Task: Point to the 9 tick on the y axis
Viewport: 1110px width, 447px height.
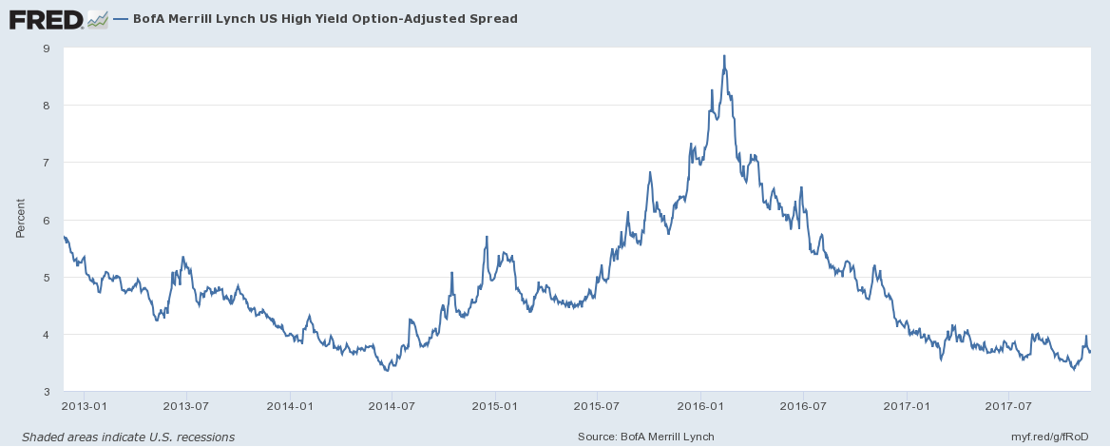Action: tap(47, 49)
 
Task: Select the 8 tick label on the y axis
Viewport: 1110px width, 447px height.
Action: tap(47, 106)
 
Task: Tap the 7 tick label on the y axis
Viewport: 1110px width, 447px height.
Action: tap(47, 163)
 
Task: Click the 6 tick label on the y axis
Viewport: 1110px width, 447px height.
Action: tap(47, 220)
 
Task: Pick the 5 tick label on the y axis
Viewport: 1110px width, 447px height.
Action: tap(47, 278)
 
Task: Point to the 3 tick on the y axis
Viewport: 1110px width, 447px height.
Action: tap(47, 392)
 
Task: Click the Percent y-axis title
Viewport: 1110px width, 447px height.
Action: tap(21, 218)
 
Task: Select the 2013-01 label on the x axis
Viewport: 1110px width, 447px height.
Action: tap(84, 405)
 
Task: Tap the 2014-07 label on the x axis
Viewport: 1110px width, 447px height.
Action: tap(392, 405)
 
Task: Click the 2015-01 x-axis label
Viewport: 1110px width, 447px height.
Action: tap(495, 405)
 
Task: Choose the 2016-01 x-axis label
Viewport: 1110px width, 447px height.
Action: tap(700, 405)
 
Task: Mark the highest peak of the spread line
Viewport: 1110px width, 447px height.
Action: tap(724, 56)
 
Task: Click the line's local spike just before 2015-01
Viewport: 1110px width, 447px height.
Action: tap(487, 237)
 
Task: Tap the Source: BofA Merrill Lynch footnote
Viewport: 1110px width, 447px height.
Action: tap(646, 437)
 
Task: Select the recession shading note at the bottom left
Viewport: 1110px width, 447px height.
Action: tap(128, 437)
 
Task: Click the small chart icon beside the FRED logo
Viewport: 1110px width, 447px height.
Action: tap(97, 18)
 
